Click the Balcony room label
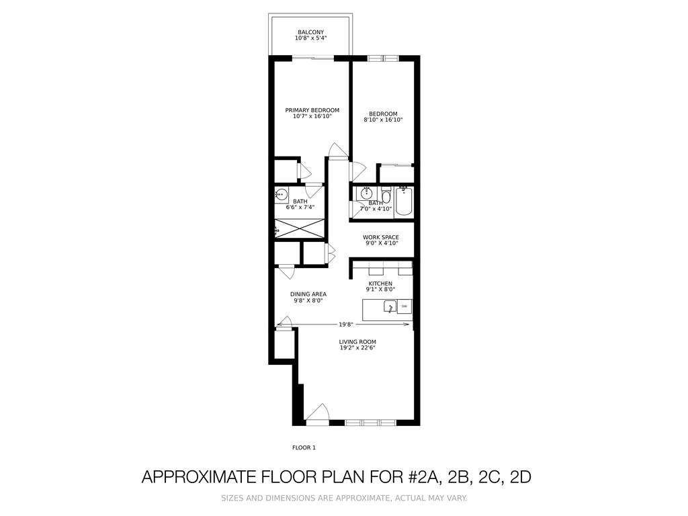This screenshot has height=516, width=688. pyautogui.click(x=310, y=32)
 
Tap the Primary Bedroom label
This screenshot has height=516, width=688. pyautogui.click(x=312, y=110)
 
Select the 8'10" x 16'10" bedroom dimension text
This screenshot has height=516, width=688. pyautogui.click(x=383, y=120)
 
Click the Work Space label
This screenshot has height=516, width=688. pyautogui.click(x=381, y=237)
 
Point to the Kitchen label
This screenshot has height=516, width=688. pyautogui.click(x=380, y=284)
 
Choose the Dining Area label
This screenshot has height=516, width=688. pyautogui.click(x=308, y=294)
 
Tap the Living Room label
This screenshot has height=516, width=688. pyautogui.click(x=357, y=342)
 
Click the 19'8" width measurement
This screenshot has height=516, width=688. pyautogui.click(x=346, y=325)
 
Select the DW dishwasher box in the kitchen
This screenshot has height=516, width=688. pyautogui.click(x=404, y=306)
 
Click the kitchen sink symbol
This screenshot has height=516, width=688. pyautogui.click(x=390, y=306)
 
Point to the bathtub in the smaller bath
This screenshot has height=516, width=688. pyautogui.click(x=403, y=202)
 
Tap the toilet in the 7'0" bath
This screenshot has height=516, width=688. pyautogui.click(x=386, y=195)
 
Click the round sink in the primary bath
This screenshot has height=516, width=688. pyautogui.click(x=281, y=193)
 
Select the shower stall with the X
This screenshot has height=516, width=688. pyautogui.click(x=300, y=228)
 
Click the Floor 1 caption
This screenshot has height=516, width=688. pyautogui.click(x=304, y=447)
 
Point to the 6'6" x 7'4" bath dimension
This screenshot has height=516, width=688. pyautogui.click(x=300, y=207)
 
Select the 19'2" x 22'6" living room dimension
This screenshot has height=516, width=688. pyautogui.click(x=357, y=347)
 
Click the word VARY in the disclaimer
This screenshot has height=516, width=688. pyautogui.click(x=456, y=498)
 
